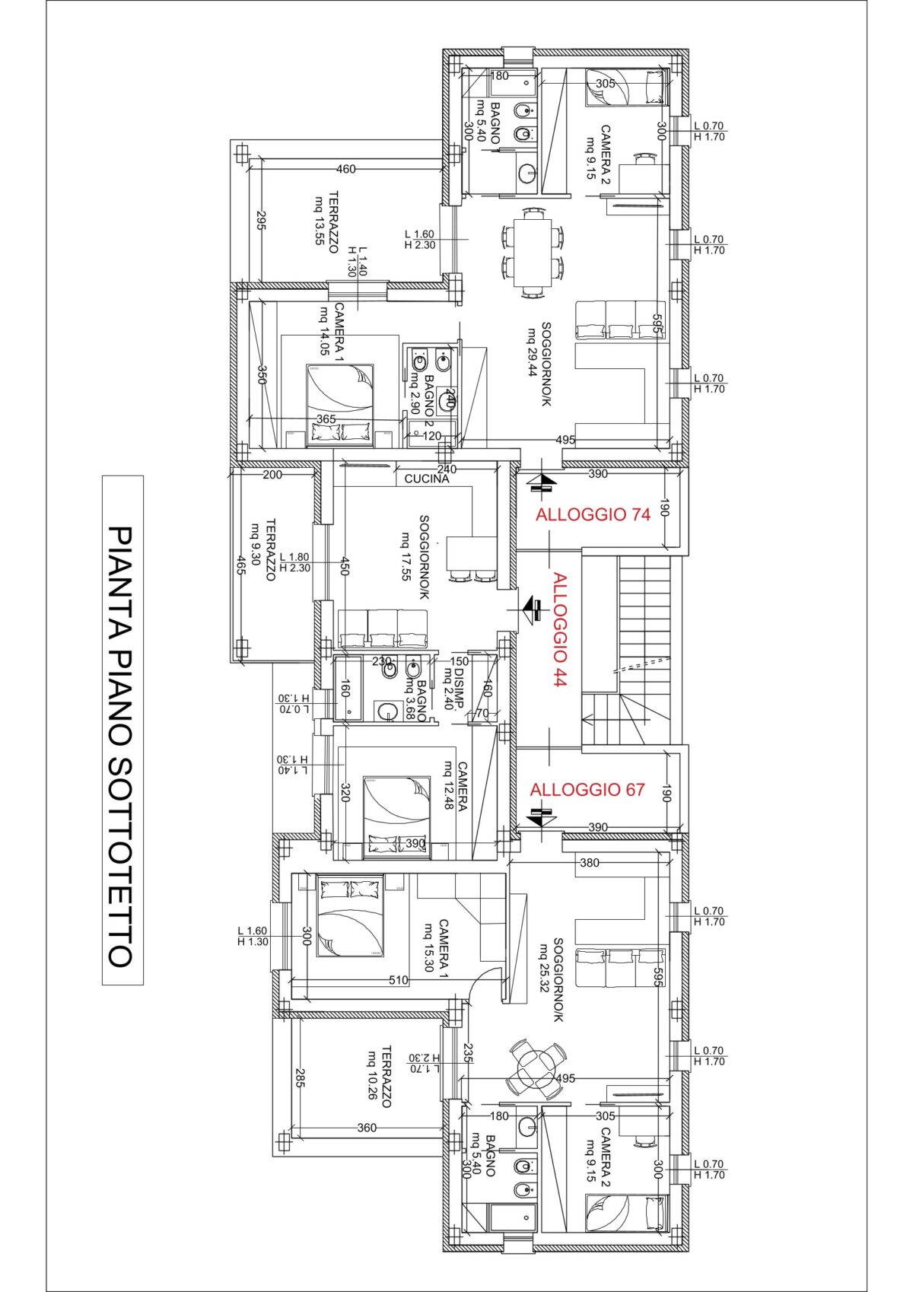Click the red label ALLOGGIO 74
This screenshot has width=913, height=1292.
tap(593, 514)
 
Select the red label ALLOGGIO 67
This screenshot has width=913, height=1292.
tap(587, 790)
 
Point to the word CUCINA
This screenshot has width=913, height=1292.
tap(426, 479)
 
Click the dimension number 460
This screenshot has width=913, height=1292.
tap(346, 169)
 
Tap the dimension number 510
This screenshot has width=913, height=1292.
tap(399, 980)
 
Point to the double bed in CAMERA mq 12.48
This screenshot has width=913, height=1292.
tap(397, 817)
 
